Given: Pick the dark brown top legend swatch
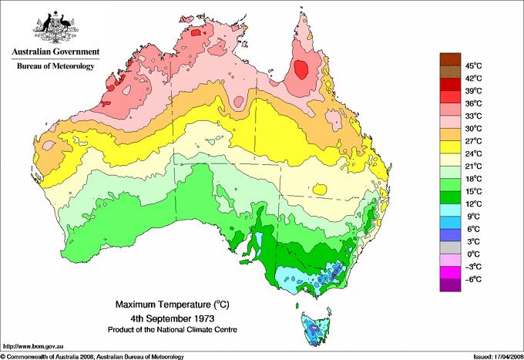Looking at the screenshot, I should (x=449, y=59).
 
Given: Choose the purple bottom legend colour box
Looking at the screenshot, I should (x=449, y=285).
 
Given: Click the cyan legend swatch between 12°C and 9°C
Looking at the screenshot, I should (x=449, y=210).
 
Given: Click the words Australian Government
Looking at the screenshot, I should (x=53, y=52).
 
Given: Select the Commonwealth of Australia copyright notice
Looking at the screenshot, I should (x=92, y=356).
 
